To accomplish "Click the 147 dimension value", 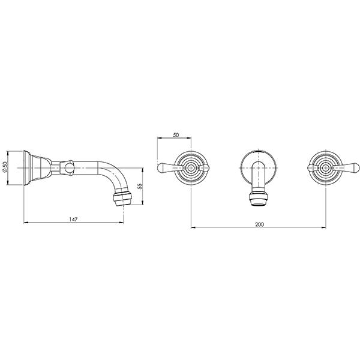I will pos(73,220).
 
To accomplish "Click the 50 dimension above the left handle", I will pos(176,135).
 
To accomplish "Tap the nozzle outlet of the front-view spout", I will pos(259,200).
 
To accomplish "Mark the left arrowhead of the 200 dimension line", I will pos(192,227).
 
